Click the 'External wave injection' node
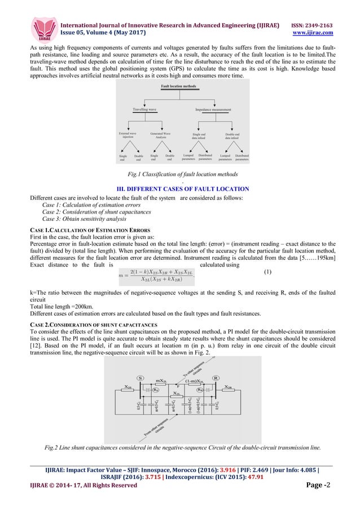tap(128, 136)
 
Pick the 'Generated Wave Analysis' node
tap(161, 136)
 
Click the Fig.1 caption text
tap(180, 176)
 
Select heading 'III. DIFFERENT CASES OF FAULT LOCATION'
tap(180, 188)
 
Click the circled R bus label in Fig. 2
tap(216, 377)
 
